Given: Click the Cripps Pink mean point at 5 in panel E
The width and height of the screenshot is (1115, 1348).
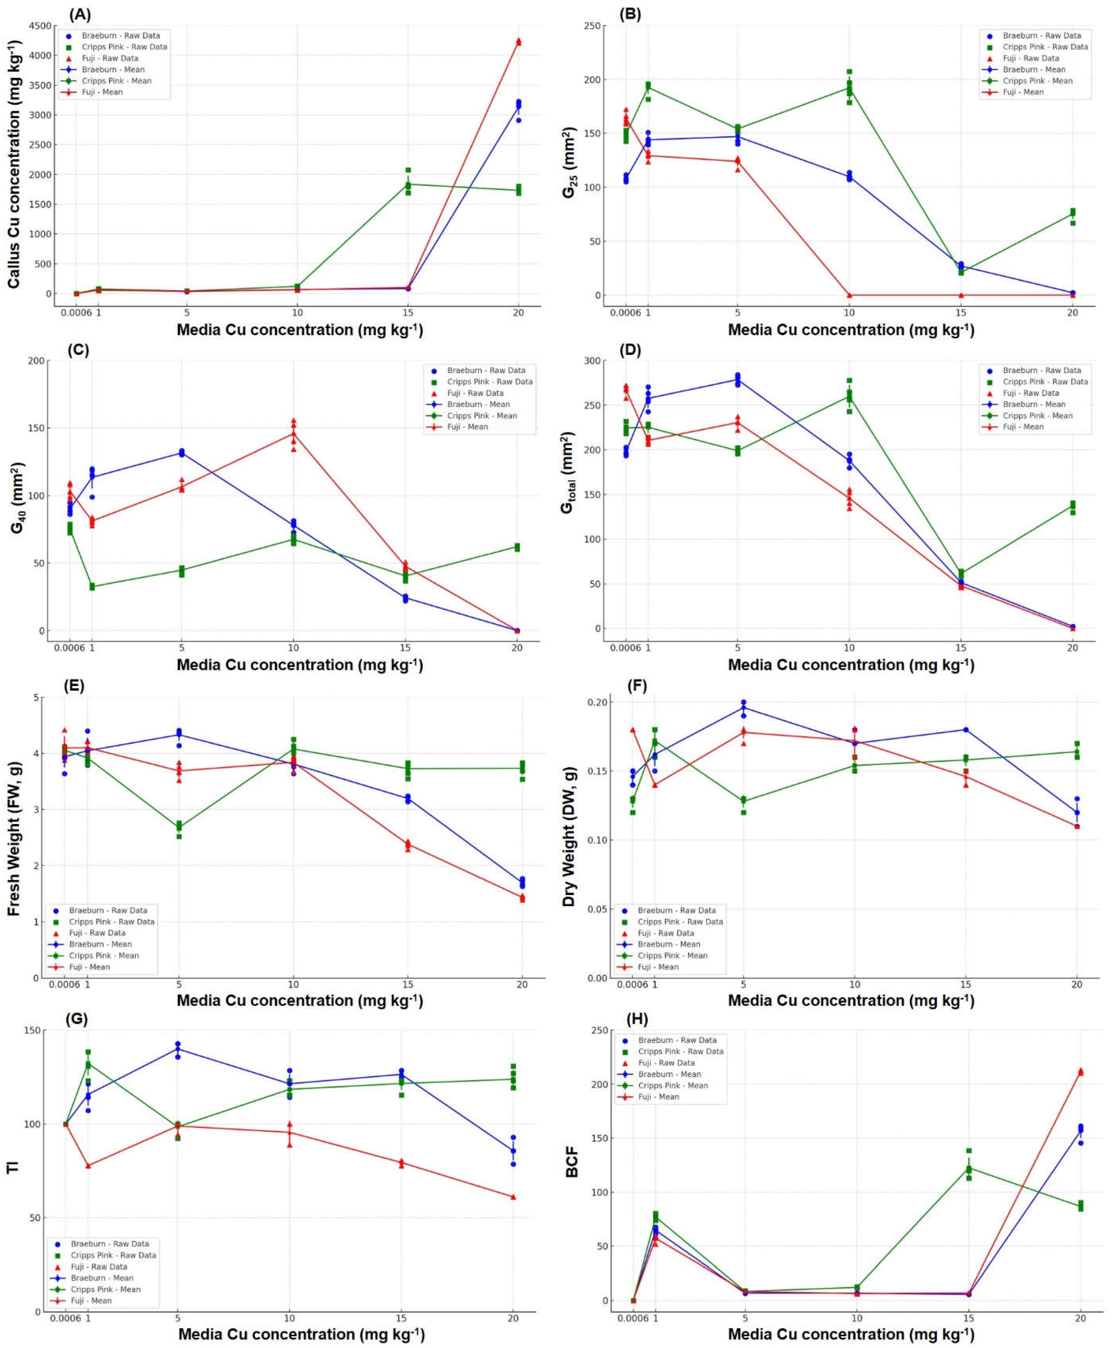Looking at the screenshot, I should (179, 826).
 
